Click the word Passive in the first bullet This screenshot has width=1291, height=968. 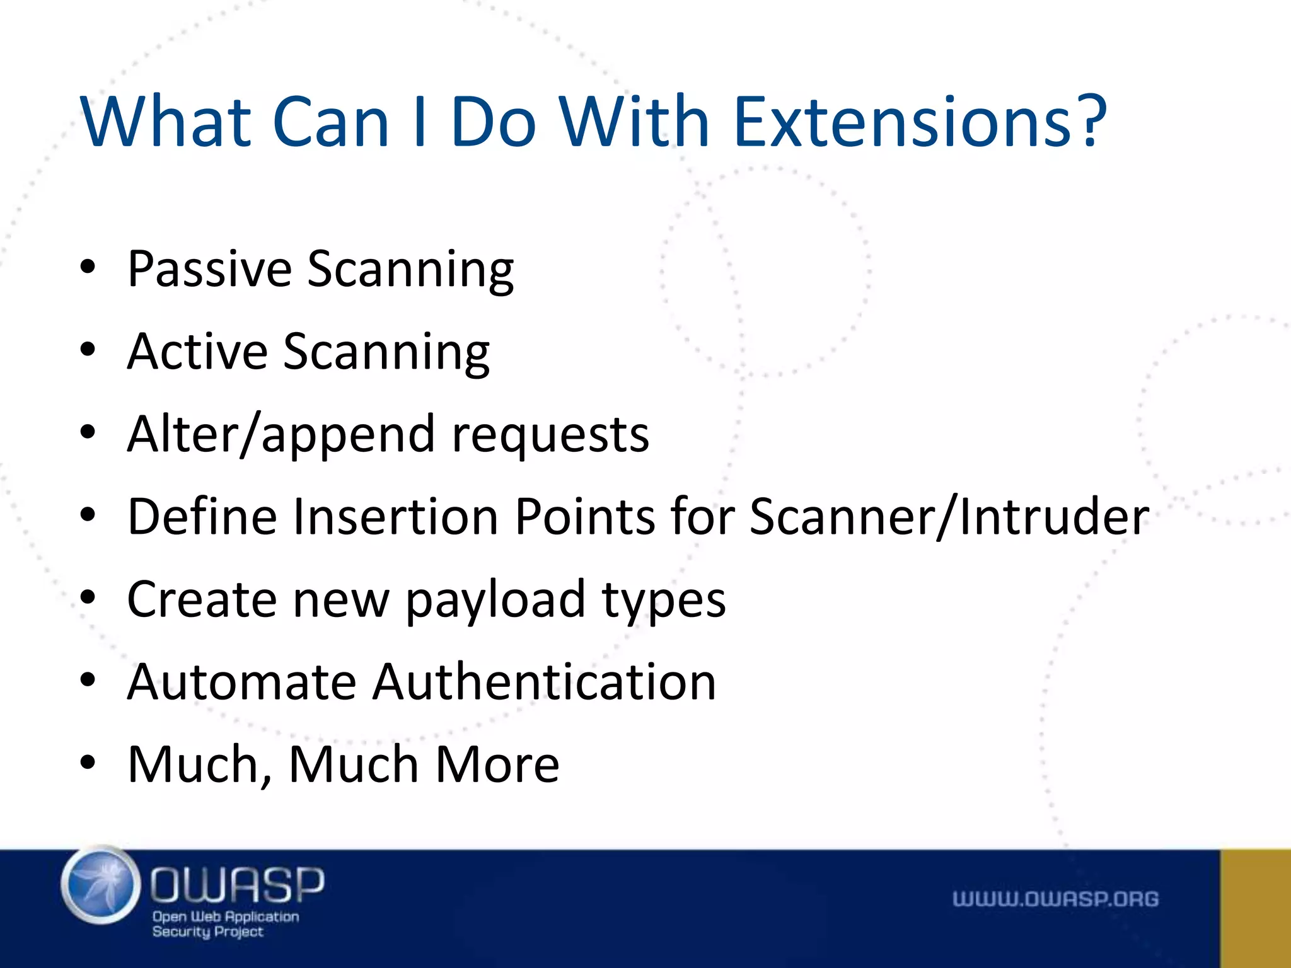click(x=209, y=270)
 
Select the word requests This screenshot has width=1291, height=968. click(x=550, y=435)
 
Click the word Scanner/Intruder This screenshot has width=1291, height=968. click(x=949, y=517)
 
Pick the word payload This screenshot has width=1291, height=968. click(x=495, y=600)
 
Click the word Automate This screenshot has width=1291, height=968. click(x=241, y=682)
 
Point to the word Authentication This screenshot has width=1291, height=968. click(x=544, y=682)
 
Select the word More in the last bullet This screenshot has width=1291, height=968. click(x=497, y=764)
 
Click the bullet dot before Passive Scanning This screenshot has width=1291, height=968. click(x=88, y=268)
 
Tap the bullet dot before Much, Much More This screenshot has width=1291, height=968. click(x=88, y=763)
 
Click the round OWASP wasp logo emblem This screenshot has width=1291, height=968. click(x=101, y=885)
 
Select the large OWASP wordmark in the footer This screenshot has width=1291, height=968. click(x=237, y=884)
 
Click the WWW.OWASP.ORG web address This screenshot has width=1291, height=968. click(x=1055, y=899)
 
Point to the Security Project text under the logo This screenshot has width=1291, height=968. click(x=207, y=932)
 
